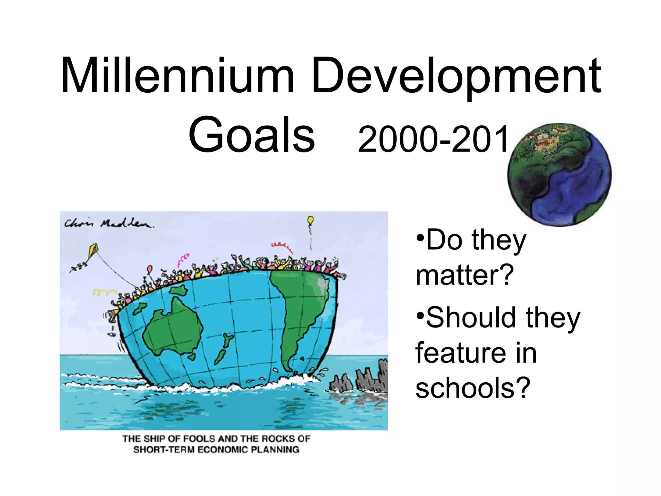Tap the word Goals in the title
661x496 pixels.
pos(251,135)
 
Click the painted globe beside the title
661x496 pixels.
pos(559,175)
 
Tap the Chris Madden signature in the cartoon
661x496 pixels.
pos(109,223)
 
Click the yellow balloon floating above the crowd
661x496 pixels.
pos(310,220)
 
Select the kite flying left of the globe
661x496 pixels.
pos(93,250)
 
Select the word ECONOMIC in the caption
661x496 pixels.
pos(222,450)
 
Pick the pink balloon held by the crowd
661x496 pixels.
pos(150,269)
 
